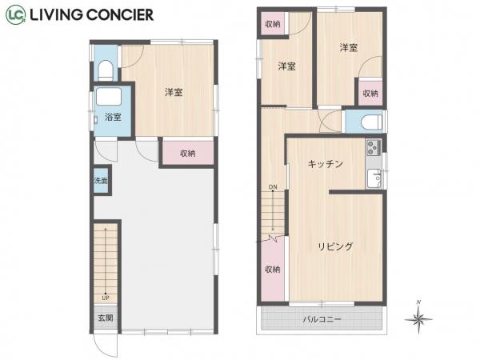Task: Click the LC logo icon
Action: click(x=16, y=14)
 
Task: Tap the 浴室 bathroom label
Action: click(x=113, y=118)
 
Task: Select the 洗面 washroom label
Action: click(x=100, y=181)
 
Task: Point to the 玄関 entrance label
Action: click(x=105, y=317)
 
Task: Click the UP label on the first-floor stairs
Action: click(x=105, y=298)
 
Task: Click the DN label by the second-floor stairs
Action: click(x=273, y=187)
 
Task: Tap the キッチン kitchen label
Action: click(x=326, y=164)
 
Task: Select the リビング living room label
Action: click(x=335, y=246)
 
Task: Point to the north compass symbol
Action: click(x=418, y=318)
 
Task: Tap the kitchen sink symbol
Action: click(x=373, y=178)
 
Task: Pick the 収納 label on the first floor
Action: click(x=188, y=154)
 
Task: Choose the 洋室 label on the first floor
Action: click(x=174, y=93)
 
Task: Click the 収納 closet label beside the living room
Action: click(x=272, y=269)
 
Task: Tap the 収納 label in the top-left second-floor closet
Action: click(x=272, y=24)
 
